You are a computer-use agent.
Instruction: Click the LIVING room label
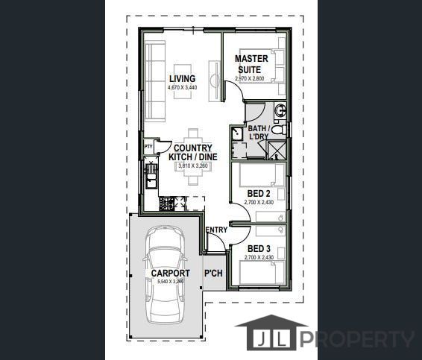[182, 79]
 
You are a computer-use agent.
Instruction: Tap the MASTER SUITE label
[251, 64]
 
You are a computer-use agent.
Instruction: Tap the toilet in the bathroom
[278, 130]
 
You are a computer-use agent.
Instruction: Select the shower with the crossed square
[276, 150]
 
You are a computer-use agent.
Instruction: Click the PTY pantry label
[148, 147]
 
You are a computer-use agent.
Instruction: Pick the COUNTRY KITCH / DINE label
[193, 153]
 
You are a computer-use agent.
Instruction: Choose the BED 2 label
[257, 193]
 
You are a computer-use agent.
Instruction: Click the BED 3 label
[257, 248]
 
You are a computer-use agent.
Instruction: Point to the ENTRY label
[216, 230]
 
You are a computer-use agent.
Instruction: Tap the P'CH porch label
[213, 274]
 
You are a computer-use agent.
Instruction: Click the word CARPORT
[170, 274]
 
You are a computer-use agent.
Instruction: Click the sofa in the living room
[155, 80]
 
